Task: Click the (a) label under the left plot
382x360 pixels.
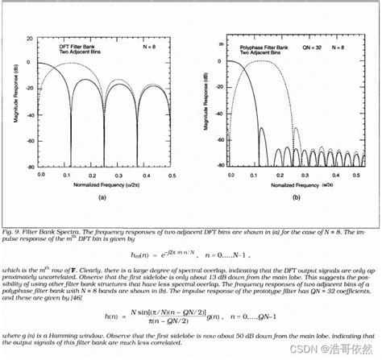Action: click(x=102, y=196)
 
